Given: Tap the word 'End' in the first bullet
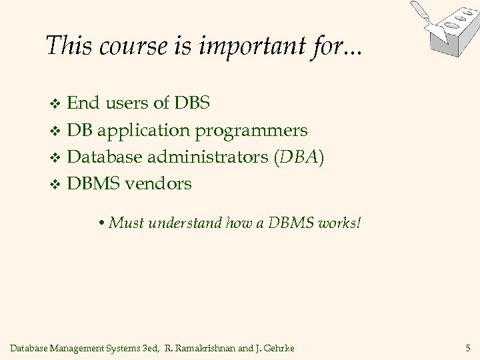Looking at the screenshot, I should click(82, 103).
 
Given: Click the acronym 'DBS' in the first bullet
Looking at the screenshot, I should click(192, 103).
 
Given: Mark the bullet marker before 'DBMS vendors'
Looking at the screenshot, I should click(56, 185).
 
